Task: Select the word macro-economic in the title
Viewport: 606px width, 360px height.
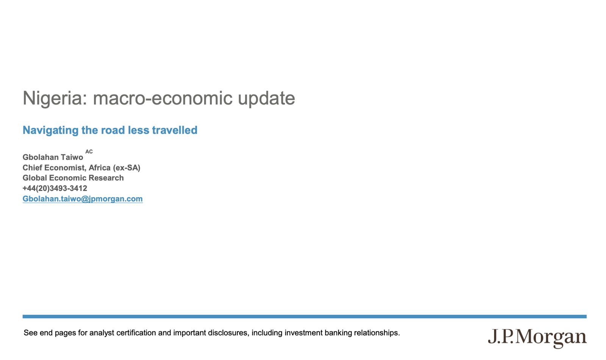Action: click(162, 98)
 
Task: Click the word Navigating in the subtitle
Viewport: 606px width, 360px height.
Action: click(51, 130)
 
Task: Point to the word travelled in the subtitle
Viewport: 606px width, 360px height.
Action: click(175, 130)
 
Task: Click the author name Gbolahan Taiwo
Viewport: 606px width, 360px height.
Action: click(53, 157)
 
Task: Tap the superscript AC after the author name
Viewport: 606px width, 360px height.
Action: click(89, 152)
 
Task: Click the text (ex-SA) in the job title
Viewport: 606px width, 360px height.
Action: click(127, 168)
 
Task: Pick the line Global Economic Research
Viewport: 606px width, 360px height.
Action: click(73, 178)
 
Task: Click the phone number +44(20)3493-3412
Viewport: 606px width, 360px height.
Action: click(55, 188)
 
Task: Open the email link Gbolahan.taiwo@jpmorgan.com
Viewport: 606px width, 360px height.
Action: click(83, 199)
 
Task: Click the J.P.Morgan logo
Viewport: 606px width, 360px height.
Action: click(537, 338)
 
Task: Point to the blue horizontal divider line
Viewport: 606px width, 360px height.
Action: click(305, 316)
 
